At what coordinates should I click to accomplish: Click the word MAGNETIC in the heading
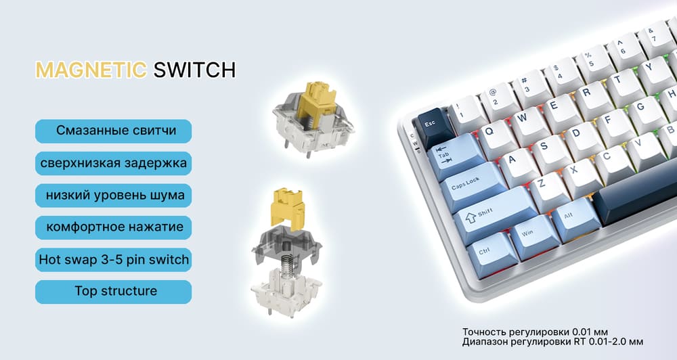tap(91, 70)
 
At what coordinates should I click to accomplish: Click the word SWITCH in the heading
tap(194, 70)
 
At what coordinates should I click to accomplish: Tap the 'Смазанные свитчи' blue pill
tap(113, 131)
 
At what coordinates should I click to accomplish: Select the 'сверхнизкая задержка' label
tap(113, 163)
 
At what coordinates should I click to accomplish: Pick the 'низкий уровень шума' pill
tap(113, 195)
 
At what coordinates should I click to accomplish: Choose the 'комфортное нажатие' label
tap(113, 227)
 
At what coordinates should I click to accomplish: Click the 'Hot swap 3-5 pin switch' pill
tap(113, 259)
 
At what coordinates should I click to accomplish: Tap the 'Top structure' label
tap(113, 292)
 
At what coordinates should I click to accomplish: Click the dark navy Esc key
tap(434, 127)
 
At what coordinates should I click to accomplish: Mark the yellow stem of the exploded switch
tap(288, 209)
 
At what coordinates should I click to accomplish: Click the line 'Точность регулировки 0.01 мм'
tap(535, 332)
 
